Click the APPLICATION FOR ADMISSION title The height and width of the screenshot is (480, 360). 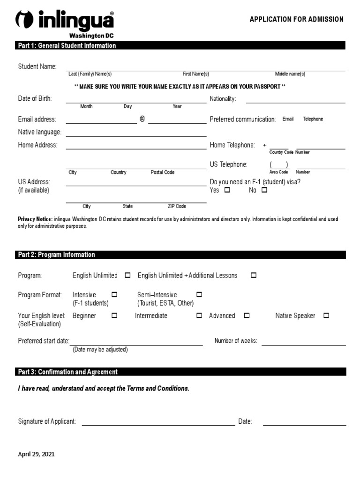click(x=296, y=20)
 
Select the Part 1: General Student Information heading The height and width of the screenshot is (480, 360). click(x=67, y=45)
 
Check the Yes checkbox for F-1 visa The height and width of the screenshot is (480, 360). click(x=227, y=190)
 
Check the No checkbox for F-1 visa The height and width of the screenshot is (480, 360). click(x=264, y=190)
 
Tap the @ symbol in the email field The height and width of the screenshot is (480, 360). click(x=142, y=119)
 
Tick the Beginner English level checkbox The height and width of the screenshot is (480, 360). click(x=114, y=316)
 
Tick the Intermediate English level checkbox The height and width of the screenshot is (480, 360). click(x=199, y=316)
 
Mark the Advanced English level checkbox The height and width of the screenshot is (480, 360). click(x=247, y=316)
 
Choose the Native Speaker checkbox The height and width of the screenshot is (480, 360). click(x=326, y=316)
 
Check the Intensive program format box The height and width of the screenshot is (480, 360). click(x=114, y=295)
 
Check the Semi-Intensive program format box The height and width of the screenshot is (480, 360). click(x=199, y=295)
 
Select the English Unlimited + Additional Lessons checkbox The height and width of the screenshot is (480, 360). click(x=254, y=276)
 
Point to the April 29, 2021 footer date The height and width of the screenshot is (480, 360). click(x=36, y=454)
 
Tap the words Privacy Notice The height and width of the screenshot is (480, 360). click(x=35, y=219)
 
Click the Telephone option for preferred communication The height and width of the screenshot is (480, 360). click(x=313, y=119)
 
